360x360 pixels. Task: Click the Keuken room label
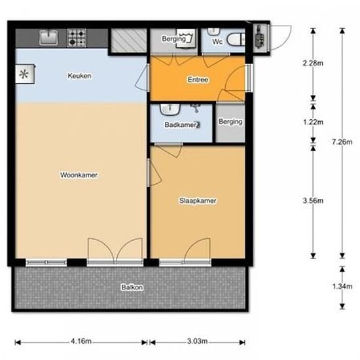(x=79, y=76)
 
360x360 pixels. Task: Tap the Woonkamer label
(x=79, y=175)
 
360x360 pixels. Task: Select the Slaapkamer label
(x=198, y=201)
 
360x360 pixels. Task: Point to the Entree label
(x=198, y=80)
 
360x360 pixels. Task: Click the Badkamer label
(x=181, y=125)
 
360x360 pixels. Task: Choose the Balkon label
(x=132, y=287)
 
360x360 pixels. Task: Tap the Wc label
(x=217, y=42)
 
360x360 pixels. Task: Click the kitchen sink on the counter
(x=48, y=37)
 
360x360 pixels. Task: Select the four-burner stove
(x=77, y=38)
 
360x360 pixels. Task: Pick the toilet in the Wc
(x=236, y=39)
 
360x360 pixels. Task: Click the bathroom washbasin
(x=170, y=109)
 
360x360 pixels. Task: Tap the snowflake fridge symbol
(x=25, y=74)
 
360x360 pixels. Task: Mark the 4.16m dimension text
(x=81, y=341)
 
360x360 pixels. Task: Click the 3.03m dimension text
(x=197, y=341)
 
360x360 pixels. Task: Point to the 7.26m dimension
(x=342, y=142)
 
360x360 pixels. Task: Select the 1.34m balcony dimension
(x=342, y=286)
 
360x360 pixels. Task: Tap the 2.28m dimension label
(x=313, y=63)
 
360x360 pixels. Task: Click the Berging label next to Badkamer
(x=230, y=122)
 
